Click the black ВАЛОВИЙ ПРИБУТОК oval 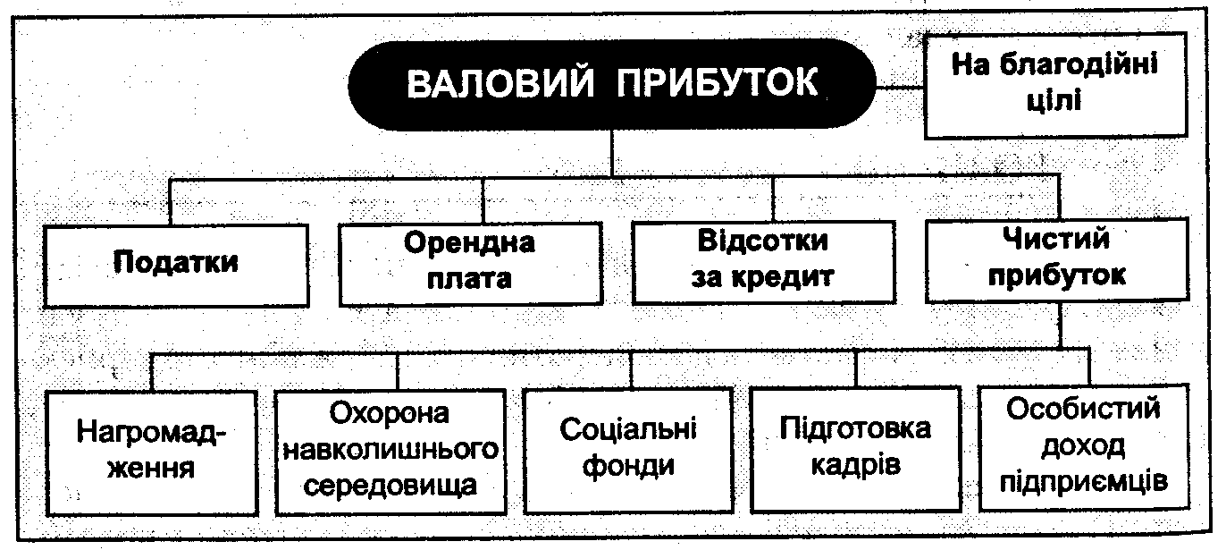612,85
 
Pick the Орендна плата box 469,260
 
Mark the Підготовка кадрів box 855,446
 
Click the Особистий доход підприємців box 1084,446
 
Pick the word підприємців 1084,481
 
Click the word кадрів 855,465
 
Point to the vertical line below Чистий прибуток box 1059,327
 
